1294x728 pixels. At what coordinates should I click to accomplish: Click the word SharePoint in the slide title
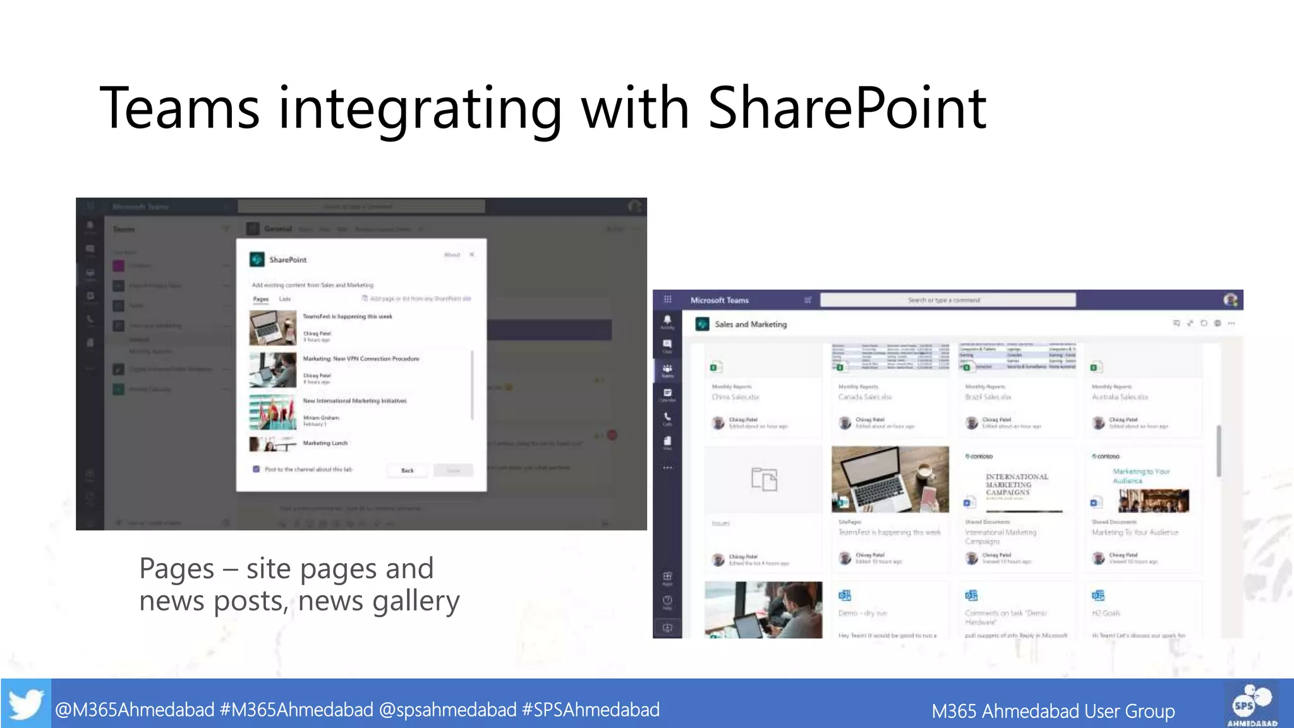847,109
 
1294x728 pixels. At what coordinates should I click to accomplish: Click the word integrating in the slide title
420,109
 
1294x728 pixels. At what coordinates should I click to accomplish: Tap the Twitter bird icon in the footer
26,703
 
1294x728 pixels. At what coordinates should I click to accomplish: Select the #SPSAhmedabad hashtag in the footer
591,710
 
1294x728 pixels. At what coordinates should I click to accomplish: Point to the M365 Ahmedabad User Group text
1053,711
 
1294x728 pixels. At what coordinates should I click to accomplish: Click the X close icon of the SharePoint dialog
472,255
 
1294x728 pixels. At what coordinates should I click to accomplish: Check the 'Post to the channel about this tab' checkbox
256,470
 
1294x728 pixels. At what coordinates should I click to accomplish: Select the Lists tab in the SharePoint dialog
285,299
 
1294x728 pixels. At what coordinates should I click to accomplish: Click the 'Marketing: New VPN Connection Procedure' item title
361,359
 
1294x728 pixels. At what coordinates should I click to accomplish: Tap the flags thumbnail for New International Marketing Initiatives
272,412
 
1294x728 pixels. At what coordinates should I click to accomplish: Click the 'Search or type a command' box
947,300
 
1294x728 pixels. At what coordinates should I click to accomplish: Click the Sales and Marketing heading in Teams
751,324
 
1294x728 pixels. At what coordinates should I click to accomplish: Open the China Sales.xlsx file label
735,397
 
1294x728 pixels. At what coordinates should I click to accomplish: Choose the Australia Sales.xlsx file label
1120,397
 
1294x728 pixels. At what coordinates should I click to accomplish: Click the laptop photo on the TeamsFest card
890,479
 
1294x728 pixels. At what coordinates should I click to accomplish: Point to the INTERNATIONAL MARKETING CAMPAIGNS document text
1016,485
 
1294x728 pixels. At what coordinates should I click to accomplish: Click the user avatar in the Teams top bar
1230,300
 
